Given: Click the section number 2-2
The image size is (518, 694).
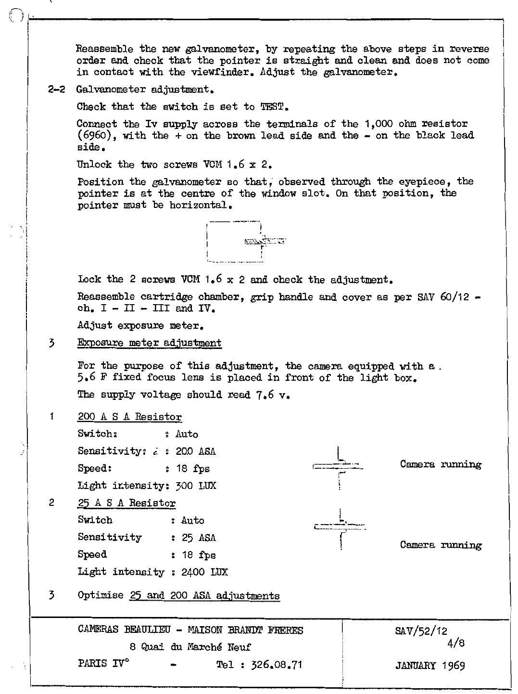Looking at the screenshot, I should pos(57,90).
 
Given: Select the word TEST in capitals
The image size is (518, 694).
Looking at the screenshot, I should pos(273,106).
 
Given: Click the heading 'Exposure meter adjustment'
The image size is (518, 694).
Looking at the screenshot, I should pos(150,343).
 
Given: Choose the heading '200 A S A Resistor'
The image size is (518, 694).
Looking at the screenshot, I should pos(130,417).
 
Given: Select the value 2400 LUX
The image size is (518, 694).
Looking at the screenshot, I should pos(204,572).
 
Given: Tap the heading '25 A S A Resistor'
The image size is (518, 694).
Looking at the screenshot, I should pos(126,503).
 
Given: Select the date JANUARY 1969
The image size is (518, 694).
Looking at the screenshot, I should pos(430,666).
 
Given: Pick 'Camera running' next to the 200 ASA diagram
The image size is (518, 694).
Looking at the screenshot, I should pos(441,464).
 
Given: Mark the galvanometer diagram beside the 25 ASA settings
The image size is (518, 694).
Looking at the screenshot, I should pos(340,527).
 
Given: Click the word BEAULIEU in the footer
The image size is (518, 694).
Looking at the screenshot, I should pos(146,630).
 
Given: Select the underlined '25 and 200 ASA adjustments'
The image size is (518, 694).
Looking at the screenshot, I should pos(204,596).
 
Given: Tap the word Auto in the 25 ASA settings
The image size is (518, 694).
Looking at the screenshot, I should pos(192,521).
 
